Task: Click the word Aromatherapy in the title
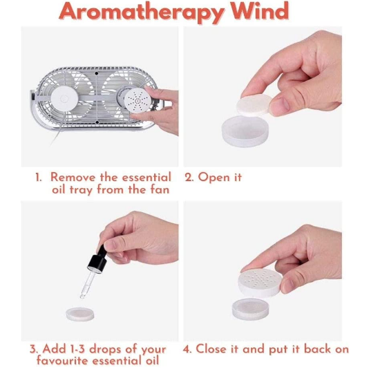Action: tap(142, 12)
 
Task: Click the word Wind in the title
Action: tap(260, 11)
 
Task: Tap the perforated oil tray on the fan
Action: tap(137, 100)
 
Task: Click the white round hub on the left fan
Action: tap(64, 99)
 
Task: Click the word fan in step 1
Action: tap(160, 189)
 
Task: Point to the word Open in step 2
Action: tap(213, 178)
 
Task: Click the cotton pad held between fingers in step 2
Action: tap(254, 104)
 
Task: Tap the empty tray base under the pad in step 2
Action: tap(245, 131)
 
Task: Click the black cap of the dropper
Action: tap(98, 262)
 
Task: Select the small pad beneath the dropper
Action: tap(80, 314)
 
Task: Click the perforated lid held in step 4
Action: tap(260, 283)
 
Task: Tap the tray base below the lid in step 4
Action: tap(251, 309)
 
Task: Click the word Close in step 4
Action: tap(211, 348)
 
